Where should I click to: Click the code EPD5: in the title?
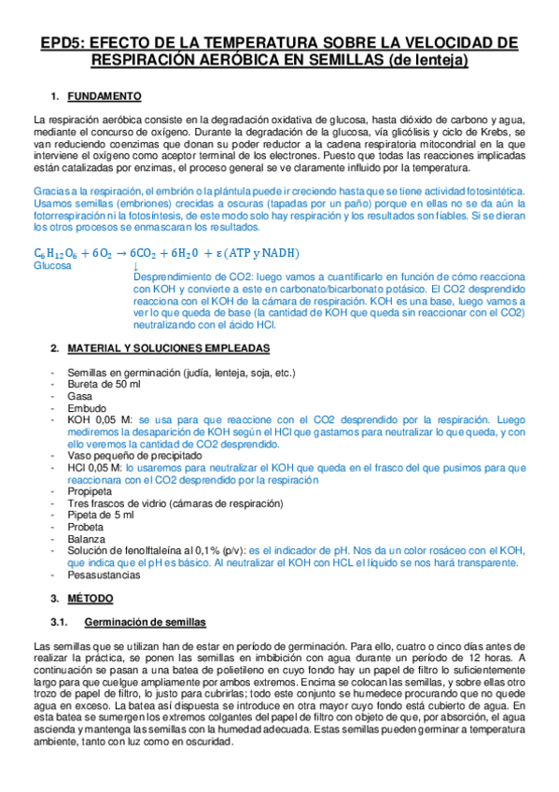click(64, 43)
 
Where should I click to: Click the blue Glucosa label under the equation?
click(52, 265)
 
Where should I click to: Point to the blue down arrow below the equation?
click(136, 266)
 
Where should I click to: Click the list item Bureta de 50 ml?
click(104, 384)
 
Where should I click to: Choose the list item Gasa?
click(78, 396)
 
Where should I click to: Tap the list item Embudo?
click(85, 408)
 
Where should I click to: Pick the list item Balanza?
click(86, 539)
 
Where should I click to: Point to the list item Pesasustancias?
click(103, 575)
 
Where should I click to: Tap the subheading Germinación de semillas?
click(145, 621)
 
